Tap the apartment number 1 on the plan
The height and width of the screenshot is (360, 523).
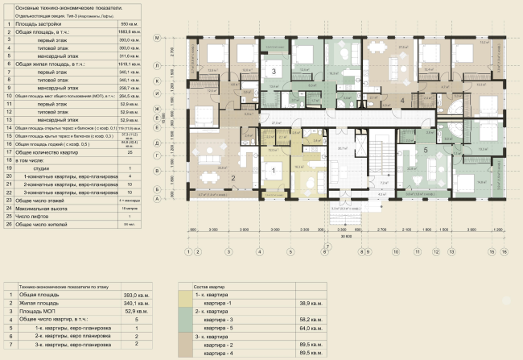point(273,168)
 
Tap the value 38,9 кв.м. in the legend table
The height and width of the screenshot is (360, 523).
point(311,303)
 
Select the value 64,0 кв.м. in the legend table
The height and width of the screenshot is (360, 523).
point(311,328)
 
